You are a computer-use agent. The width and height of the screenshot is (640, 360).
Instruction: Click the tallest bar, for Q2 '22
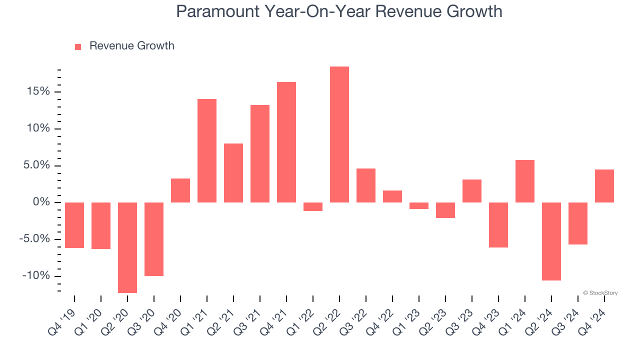[x=339, y=134]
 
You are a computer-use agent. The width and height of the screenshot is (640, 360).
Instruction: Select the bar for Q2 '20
[x=127, y=247]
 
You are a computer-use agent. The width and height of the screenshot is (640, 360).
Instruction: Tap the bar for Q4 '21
[x=286, y=142]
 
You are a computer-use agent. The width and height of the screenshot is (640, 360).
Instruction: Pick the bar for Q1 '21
[x=207, y=150]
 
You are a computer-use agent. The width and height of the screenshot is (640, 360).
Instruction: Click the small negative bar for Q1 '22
[x=313, y=206]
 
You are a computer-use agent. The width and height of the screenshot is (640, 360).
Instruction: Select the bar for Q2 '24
[x=551, y=241]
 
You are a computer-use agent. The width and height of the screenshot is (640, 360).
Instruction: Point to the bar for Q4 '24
[x=604, y=186]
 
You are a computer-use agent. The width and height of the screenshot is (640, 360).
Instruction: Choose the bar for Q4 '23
[x=498, y=225]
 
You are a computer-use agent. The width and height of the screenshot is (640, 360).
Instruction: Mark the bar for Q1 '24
[x=525, y=181]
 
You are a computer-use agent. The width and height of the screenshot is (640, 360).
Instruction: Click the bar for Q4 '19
[x=74, y=225]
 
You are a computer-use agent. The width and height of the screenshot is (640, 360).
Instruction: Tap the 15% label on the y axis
[x=38, y=92]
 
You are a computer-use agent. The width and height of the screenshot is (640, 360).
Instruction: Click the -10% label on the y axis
[x=36, y=276]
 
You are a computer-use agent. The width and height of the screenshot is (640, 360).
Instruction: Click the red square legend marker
[x=78, y=47]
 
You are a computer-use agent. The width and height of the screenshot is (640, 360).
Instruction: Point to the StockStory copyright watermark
[x=600, y=293]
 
